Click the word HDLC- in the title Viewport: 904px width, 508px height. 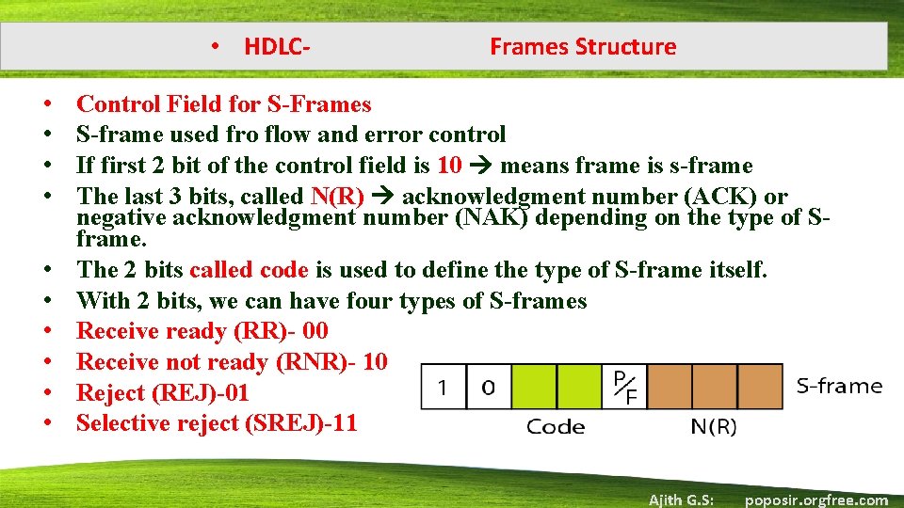pos(277,46)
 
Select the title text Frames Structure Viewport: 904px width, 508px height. pos(583,46)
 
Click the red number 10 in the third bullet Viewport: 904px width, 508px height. pos(449,167)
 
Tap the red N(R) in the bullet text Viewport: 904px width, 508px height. pos(337,197)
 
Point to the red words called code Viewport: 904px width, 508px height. pos(249,270)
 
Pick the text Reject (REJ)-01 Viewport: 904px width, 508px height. pos(162,393)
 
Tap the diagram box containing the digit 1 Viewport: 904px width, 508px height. pos(443,386)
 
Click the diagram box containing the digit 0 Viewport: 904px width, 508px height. pos(489,386)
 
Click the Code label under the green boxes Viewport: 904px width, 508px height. pos(555,427)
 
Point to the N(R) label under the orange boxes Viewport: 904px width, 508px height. pos(714,427)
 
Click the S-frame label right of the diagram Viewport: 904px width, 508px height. pos(839,386)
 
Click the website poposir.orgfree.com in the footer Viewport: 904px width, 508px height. pos(815,500)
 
